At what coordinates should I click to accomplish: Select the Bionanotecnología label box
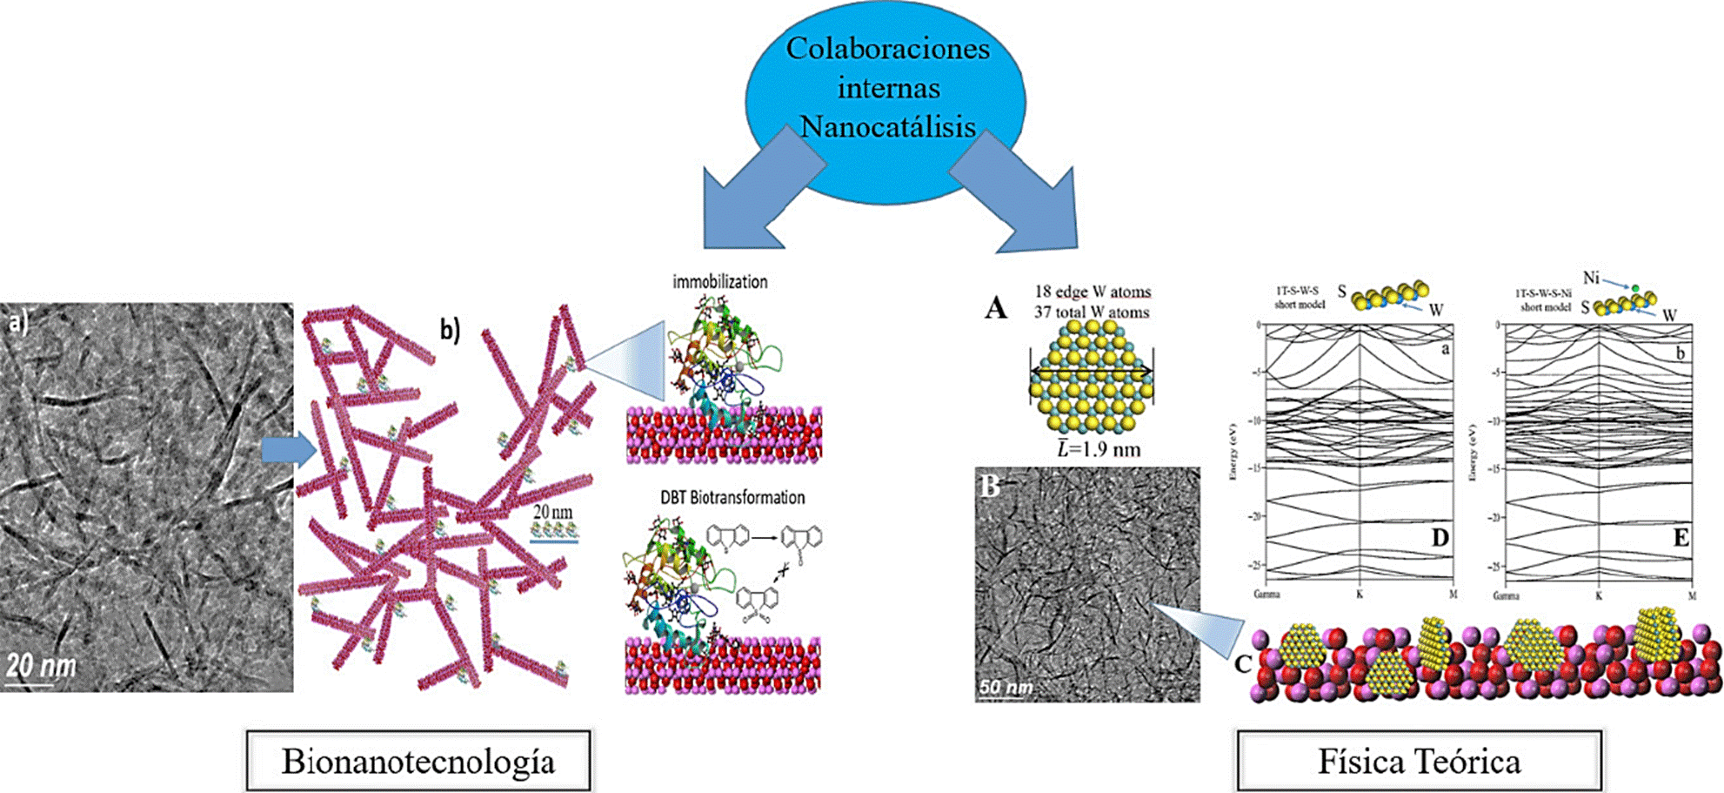pyautogui.click(x=418, y=761)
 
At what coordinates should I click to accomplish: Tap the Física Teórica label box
pyautogui.click(x=1419, y=761)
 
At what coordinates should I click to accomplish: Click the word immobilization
pyautogui.click(x=719, y=282)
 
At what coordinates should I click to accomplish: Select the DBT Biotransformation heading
pyautogui.click(x=732, y=498)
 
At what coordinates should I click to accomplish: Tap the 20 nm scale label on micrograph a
pyautogui.click(x=41, y=667)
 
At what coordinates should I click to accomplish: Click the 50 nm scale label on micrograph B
pyautogui.click(x=1006, y=687)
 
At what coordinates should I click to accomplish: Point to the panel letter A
pyautogui.click(x=996, y=307)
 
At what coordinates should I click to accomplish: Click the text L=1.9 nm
pyautogui.click(x=1099, y=449)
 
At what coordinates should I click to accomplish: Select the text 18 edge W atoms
pyautogui.click(x=1093, y=292)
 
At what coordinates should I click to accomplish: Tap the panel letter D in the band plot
pyautogui.click(x=1440, y=539)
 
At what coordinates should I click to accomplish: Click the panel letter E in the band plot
pyautogui.click(x=1681, y=539)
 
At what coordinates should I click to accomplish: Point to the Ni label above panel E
pyautogui.click(x=1591, y=278)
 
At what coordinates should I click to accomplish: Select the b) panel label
pyautogui.click(x=450, y=329)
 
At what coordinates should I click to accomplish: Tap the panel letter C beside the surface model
pyautogui.click(x=1243, y=664)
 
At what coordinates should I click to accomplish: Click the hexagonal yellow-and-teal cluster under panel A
pyautogui.click(x=1091, y=376)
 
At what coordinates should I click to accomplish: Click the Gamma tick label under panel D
pyautogui.click(x=1266, y=595)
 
